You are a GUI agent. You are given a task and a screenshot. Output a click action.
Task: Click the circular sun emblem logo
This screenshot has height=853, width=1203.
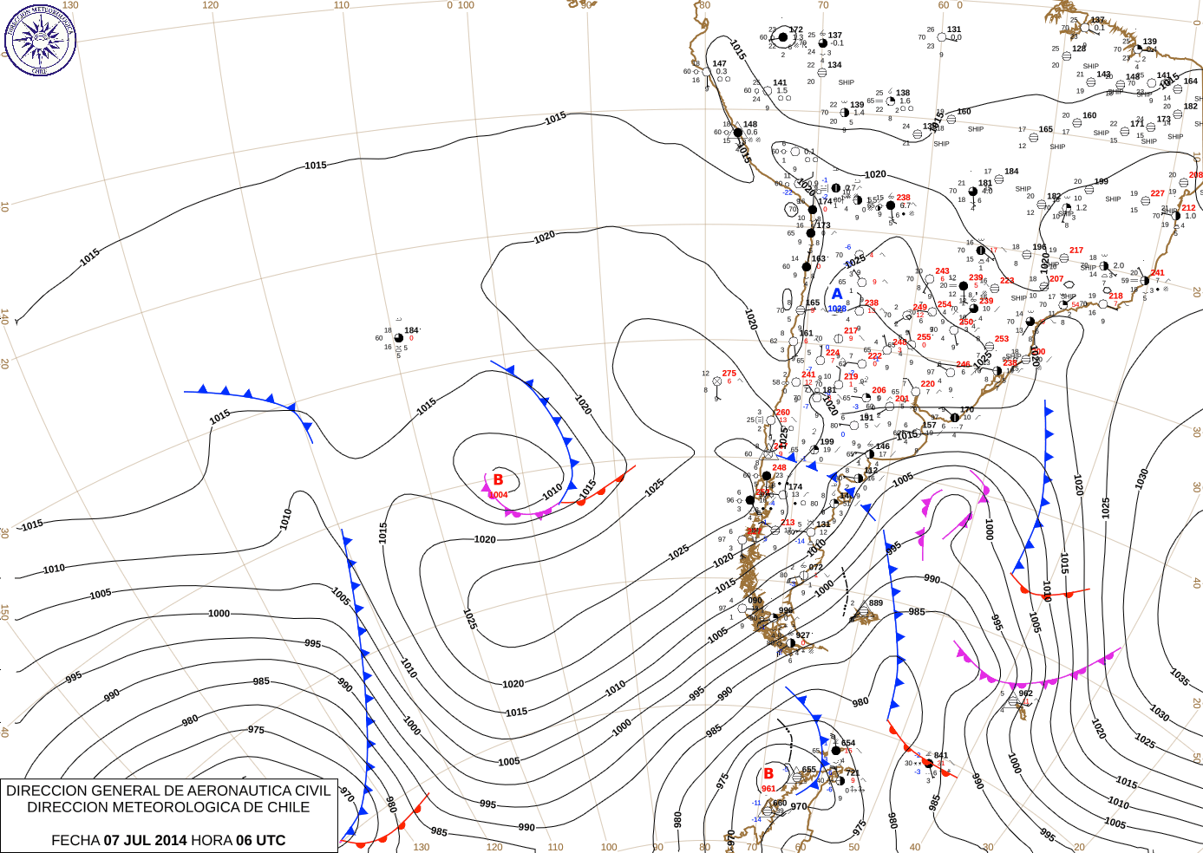coord(40,39)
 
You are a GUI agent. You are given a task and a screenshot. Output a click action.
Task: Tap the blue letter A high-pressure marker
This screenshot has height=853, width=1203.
coord(837,294)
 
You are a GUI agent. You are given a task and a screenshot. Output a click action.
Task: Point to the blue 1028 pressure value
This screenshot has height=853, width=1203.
coord(837,309)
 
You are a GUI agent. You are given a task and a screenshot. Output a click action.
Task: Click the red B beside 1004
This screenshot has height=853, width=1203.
coord(498,479)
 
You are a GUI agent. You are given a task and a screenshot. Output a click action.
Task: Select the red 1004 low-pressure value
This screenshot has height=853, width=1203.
coord(498,495)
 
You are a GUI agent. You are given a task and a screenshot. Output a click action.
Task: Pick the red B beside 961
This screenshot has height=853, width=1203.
coord(768,773)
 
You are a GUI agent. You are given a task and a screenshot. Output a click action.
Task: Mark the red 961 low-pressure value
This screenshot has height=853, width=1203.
coord(768,789)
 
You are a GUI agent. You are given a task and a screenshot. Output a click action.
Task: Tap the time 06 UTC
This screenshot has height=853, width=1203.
coord(258,840)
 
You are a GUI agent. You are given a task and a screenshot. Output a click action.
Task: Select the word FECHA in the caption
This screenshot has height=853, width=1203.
coord(75,840)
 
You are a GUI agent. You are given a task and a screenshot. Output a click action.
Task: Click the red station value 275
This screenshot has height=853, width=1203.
coord(729,374)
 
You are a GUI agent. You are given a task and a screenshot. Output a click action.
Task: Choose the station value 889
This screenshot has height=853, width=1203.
coord(876,603)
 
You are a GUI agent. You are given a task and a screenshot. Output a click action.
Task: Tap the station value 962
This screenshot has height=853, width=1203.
coord(1026,693)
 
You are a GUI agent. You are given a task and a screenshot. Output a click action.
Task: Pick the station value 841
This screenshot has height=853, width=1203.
coord(941,756)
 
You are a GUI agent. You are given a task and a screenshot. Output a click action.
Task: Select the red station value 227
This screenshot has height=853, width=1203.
coord(1158,193)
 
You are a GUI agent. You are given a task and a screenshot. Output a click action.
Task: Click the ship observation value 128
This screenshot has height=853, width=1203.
coord(1079,49)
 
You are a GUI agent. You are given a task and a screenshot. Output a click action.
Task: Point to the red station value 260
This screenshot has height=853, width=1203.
coord(783,413)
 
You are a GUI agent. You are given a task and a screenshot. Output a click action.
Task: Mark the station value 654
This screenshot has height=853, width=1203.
coord(848,743)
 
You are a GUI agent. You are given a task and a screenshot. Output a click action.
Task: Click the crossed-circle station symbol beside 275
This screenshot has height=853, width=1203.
coord(717,381)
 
